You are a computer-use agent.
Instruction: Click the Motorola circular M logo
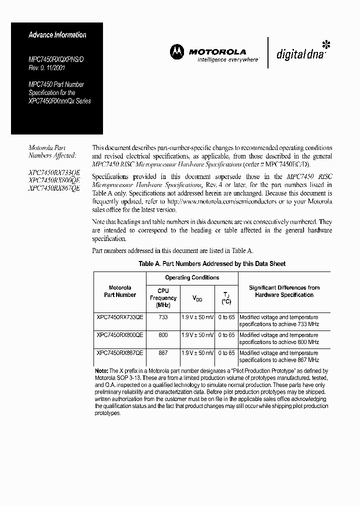pyautogui.click(x=176, y=51)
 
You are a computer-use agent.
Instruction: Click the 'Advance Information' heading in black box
pyautogui.click(x=57, y=35)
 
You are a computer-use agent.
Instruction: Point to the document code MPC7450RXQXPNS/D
pyautogui.click(x=54, y=59)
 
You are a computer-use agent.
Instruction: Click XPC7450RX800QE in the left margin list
pyautogui.click(x=54, y=180)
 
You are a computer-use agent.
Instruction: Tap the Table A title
pyautogui.click(x=212, y=263)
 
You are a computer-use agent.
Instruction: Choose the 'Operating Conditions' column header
pyautogui.click(x=192, y=277)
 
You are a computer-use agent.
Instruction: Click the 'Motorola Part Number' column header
pyautogui.click(x=119, y=291)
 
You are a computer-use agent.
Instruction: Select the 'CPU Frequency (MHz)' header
pyautogui.click(x=163, y=298)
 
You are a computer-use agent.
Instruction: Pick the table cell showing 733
pyautogui.click(x=163, y=317)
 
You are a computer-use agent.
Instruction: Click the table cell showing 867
pyautogui.click(x=163, y=353)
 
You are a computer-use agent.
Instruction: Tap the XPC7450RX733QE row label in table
pyautogui.click(x=119, y=317)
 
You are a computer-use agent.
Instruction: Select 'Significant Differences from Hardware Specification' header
pyautogui.click(x=284, y=291)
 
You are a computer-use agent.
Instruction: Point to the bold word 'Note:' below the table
pyautogui.click(x=101, y=371)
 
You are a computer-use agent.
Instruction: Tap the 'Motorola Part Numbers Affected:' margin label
pyautogui.click(x=47, y=151)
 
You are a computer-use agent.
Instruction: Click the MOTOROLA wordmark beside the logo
pyautogui.click(x=217, y=51)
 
